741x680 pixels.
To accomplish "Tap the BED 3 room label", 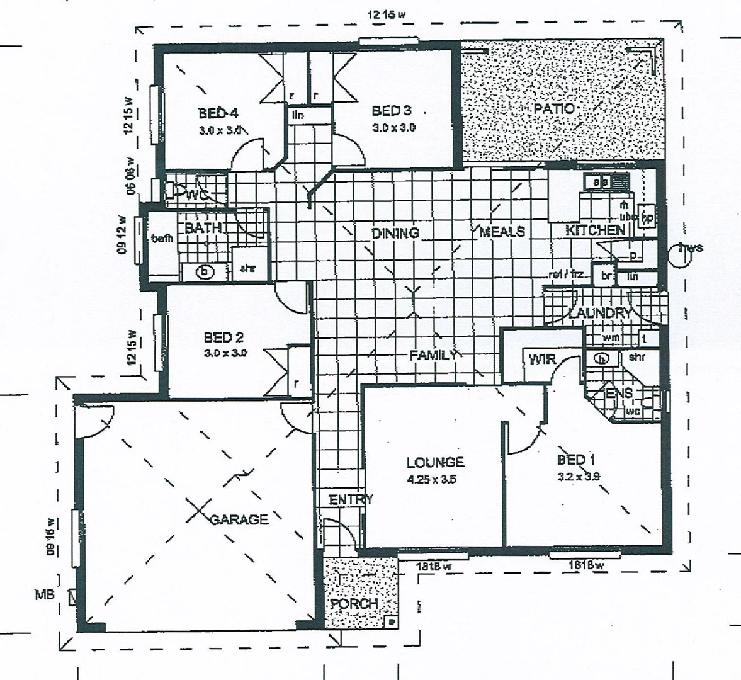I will [x=391, y=111].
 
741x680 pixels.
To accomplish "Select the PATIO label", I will [x=554, y=109].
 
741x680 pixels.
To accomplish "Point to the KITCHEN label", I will [x=595, y=230].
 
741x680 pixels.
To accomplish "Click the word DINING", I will [x=395, y=233].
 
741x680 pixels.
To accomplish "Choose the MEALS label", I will [x=502, y=232].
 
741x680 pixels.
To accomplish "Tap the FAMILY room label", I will [x=433, y=355].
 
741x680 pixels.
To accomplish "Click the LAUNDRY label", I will [x=599, y=313].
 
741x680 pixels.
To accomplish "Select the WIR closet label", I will [x=541, y=360].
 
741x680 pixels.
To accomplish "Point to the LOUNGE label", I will [x=435, y=463].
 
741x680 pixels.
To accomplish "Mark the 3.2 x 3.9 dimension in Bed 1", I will [x=578, y=476].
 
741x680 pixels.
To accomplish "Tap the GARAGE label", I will [x=239, y=519].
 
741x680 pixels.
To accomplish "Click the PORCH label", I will [x=354, y=604].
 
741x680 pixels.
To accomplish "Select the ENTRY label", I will [x=351, y=500].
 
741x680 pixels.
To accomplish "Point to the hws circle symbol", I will [x=683, y=255].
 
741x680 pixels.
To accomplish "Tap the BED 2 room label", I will [x=223, y=337].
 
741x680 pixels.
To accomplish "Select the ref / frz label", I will [x=567, y=275].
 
